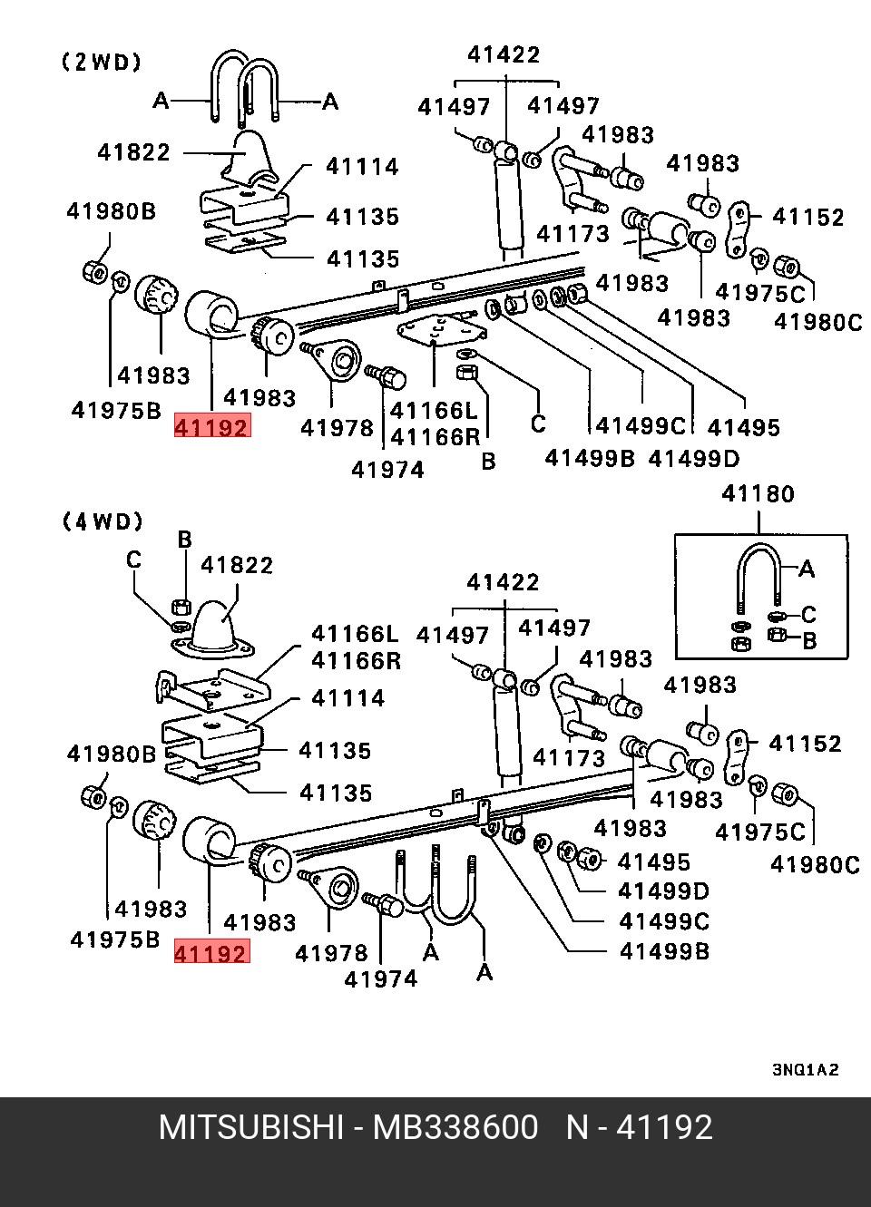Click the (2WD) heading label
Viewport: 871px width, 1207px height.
click(102, 63)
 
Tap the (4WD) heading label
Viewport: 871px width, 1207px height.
click(103, 521)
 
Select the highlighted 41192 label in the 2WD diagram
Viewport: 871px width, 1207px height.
click(211, 426)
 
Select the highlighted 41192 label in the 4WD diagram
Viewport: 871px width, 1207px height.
click(210, 953)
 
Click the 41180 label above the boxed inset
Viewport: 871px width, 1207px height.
click(758, 494)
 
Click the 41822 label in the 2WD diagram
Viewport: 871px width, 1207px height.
click(133, 151)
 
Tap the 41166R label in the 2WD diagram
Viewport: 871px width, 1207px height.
click(434, 436)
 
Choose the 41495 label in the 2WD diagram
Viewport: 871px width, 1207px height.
click(743, 427)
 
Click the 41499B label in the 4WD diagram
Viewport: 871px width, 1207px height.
click(664, 950)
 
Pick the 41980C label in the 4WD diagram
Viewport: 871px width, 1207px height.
click(815, 864)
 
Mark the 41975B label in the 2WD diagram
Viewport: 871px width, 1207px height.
click(116, 410)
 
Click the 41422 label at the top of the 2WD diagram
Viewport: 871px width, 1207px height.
click(504, 54)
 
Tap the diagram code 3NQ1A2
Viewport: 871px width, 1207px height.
click(805, 1069)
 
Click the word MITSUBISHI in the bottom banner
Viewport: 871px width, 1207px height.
click(250, 1127)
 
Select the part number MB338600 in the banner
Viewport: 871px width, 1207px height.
click(455, 1127)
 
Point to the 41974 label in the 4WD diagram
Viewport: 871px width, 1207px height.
click(381, 978)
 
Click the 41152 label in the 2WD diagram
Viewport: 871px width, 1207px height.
click(807, 218)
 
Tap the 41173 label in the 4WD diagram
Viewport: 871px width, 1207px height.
click(568, 756)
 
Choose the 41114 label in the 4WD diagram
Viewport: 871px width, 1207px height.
click(347, 698)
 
